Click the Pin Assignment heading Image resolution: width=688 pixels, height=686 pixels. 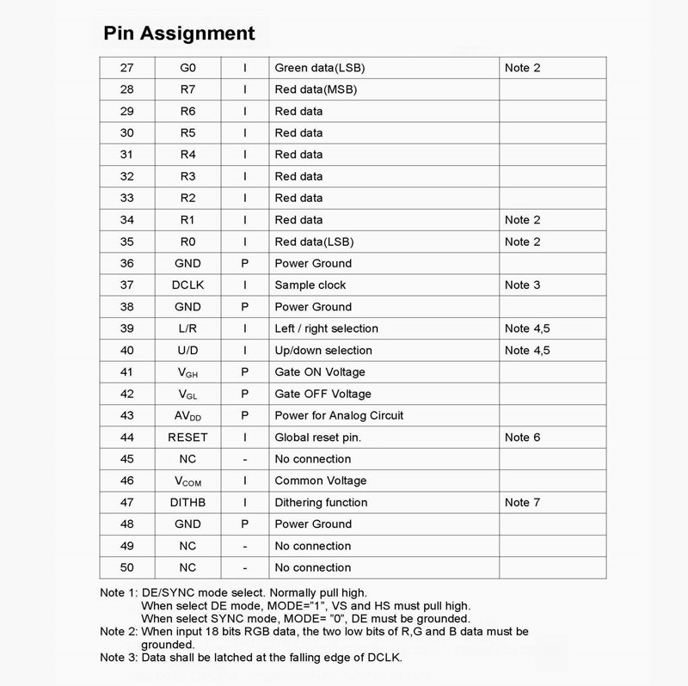(x=179, y=34)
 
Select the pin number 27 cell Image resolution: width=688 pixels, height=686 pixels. (x=126, y=68)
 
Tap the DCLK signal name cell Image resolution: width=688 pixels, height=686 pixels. (x=188, y=285)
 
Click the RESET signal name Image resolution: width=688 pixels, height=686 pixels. (x=188, y=438)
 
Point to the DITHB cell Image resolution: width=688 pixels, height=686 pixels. (x=188, y=503)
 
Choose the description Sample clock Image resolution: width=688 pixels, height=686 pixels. (x=310, y=285)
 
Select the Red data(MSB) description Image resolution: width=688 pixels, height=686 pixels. (x=316, y=89)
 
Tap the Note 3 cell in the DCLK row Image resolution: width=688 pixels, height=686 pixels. (x=523, y=285)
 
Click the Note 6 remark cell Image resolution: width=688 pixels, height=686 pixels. (x=523, y=438)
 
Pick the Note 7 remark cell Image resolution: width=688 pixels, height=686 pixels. (x=523, y=503)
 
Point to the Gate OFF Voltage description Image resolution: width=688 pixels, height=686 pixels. (x=322, y=394)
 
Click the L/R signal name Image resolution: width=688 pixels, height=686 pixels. (x=188, y=328)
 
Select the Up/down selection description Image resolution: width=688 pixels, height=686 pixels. (x=323, y=351)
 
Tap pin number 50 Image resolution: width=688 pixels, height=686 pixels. (x=126, y=568)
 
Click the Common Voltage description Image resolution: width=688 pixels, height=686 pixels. (x=320, y=481)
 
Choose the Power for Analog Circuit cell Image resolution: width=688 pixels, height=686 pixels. (x=339, y=416)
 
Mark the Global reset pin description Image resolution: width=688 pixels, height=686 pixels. (x=317, y=438)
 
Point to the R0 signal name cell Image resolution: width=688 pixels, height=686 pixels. (x=188, y=242)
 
